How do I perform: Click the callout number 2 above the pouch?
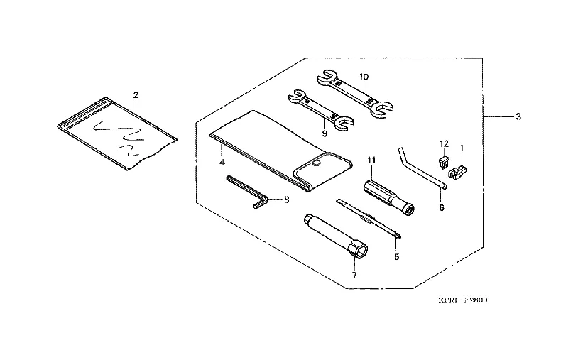point(136,95)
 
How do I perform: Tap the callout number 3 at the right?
point(518,117)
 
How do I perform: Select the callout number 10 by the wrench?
point(364,77)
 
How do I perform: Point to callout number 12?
point(444,143)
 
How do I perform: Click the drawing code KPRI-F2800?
point(463,300)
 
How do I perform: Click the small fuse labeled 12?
point(445,162)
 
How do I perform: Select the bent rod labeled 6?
point(422,168)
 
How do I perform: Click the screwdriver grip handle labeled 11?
point(389,197)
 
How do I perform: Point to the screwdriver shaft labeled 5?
point(369,219)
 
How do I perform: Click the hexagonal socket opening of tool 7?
point(360,251)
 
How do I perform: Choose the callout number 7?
point(354,276)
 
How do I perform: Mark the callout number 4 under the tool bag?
point(222,162)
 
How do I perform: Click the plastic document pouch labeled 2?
point(117,133)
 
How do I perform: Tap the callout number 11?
point(371,160)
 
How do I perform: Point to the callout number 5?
point(396,256)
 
